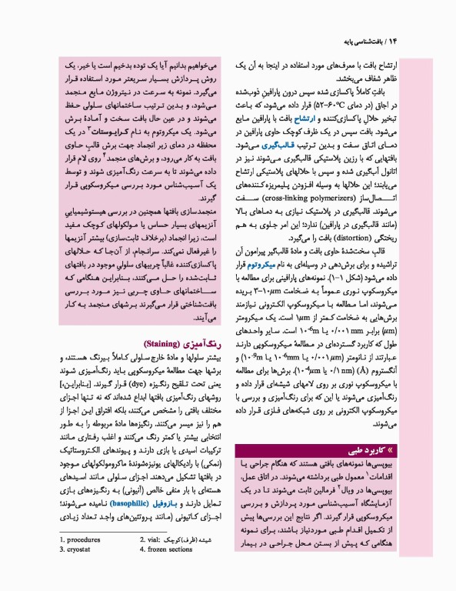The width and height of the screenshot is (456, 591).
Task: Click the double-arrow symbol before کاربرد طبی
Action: pos(400,446)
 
